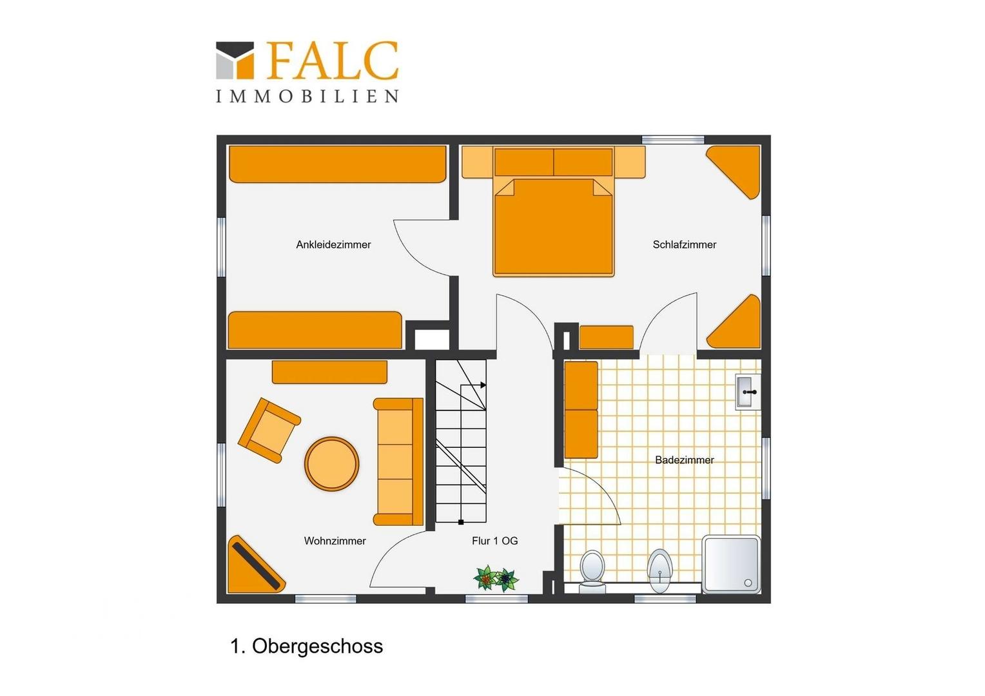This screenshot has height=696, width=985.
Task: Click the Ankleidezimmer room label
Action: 333,245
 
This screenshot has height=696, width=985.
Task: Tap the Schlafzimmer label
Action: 684,245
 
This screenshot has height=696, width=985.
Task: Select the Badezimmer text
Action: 684,460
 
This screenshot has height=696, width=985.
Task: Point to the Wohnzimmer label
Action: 335,541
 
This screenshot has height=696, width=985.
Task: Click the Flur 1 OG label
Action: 494,541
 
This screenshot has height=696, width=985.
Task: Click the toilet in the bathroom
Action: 592,570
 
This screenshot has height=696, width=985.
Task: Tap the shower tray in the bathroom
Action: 732,564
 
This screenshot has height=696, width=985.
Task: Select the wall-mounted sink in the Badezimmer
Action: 747,392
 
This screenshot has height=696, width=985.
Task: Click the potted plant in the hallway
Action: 496,578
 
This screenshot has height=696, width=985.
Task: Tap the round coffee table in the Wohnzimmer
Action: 331,463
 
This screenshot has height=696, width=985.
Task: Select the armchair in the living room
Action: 268,429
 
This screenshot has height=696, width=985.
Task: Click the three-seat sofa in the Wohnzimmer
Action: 398,461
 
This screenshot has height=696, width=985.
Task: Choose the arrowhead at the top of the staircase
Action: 483,385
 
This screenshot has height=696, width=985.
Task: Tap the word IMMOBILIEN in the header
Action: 307,97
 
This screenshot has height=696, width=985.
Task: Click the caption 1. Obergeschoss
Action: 306,646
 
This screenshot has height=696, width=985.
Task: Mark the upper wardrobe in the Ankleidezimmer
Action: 338,164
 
